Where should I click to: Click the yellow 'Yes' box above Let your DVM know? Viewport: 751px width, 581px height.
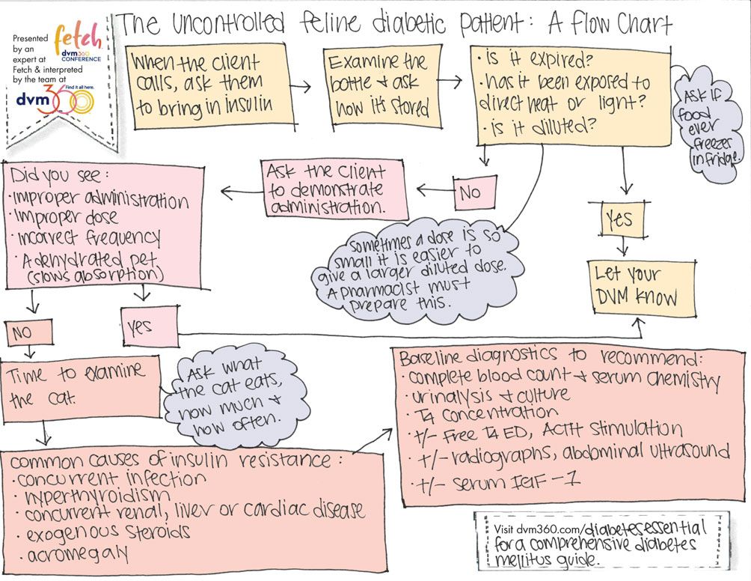[x=619, y=219]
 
